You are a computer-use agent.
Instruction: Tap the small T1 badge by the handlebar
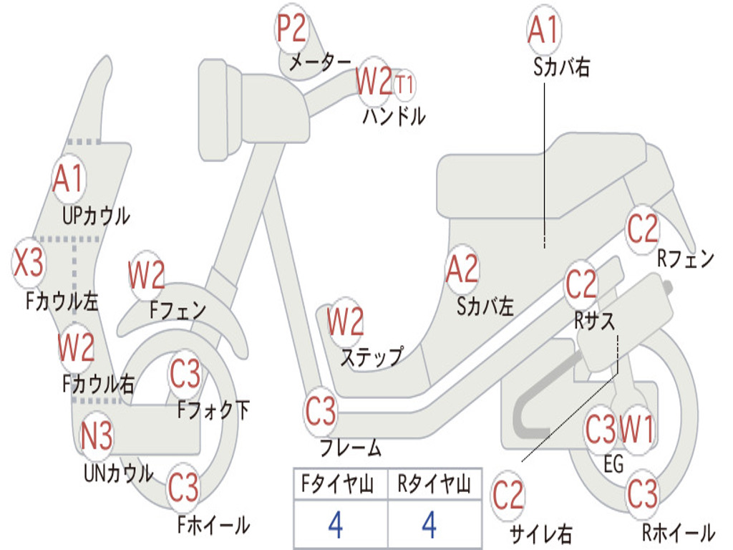pos(404,85)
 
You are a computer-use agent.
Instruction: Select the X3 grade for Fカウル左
pos(29,264)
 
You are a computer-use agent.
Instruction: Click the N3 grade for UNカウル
pos(97,436)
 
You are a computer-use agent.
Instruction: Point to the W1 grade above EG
pos(636,430)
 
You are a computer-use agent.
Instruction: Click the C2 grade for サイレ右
pos(508,496)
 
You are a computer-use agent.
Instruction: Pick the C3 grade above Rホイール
pos(642,493)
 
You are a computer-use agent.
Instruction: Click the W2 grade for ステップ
pos(346,322)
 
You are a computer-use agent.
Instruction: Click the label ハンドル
pos(394,115)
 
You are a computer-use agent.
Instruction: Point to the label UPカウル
pos(96,216)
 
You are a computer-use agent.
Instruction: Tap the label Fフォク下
pos(213,410)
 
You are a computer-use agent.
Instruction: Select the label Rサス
pos(594,322)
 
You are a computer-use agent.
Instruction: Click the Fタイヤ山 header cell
pos(335,486)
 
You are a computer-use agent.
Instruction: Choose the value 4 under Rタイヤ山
pos(429,526)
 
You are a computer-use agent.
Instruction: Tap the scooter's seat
pos(544,175)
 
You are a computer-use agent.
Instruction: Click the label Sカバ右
pos(561,67)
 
